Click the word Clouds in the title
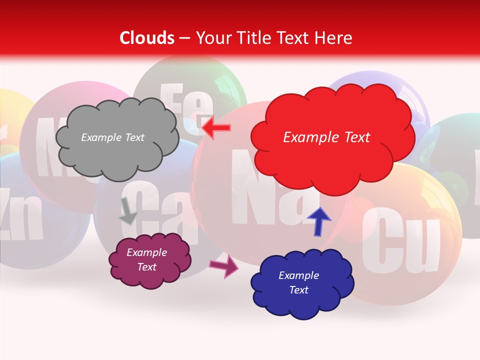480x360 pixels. pyautogui.click(x=147, y=38)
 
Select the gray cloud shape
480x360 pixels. pyautogui.click(x=117, y=138)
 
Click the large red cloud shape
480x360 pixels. pyautogui.click(x=332, y=137)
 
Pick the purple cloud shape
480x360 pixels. pyautogui.click(x=150, y=260)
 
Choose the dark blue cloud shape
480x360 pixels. pyautogui.click(x=302, y=283)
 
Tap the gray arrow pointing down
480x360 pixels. pyautogui.click(x=127, y=210)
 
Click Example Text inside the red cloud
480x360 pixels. pyautogui.click(x=326, y=137)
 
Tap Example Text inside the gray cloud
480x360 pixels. pyautogui.click(x=112, y=137)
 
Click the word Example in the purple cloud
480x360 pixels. pyautogui.click(x=147, y=252)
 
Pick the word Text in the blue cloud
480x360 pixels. pyautogui.click(x=299, y=290)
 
